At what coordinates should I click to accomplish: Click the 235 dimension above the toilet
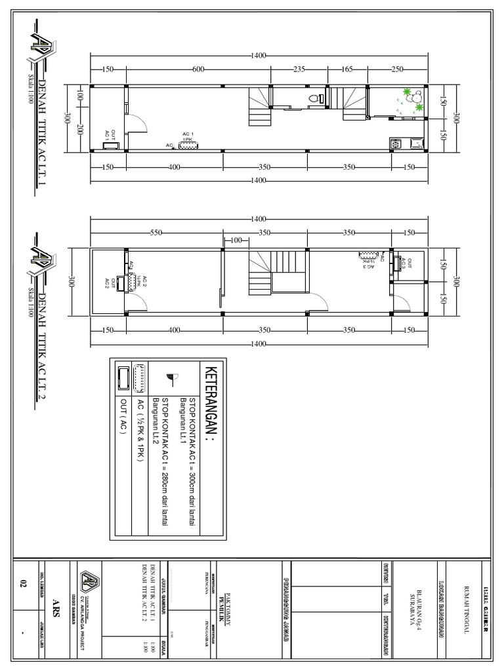(299, 69)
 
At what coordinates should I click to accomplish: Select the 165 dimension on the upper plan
(347, 69)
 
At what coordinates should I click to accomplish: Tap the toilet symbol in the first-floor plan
(316, 99)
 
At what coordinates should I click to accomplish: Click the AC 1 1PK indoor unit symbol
(188, 145)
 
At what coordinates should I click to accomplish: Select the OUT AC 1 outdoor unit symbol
(110, 147)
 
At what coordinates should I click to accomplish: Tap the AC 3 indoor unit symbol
(367, 256)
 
